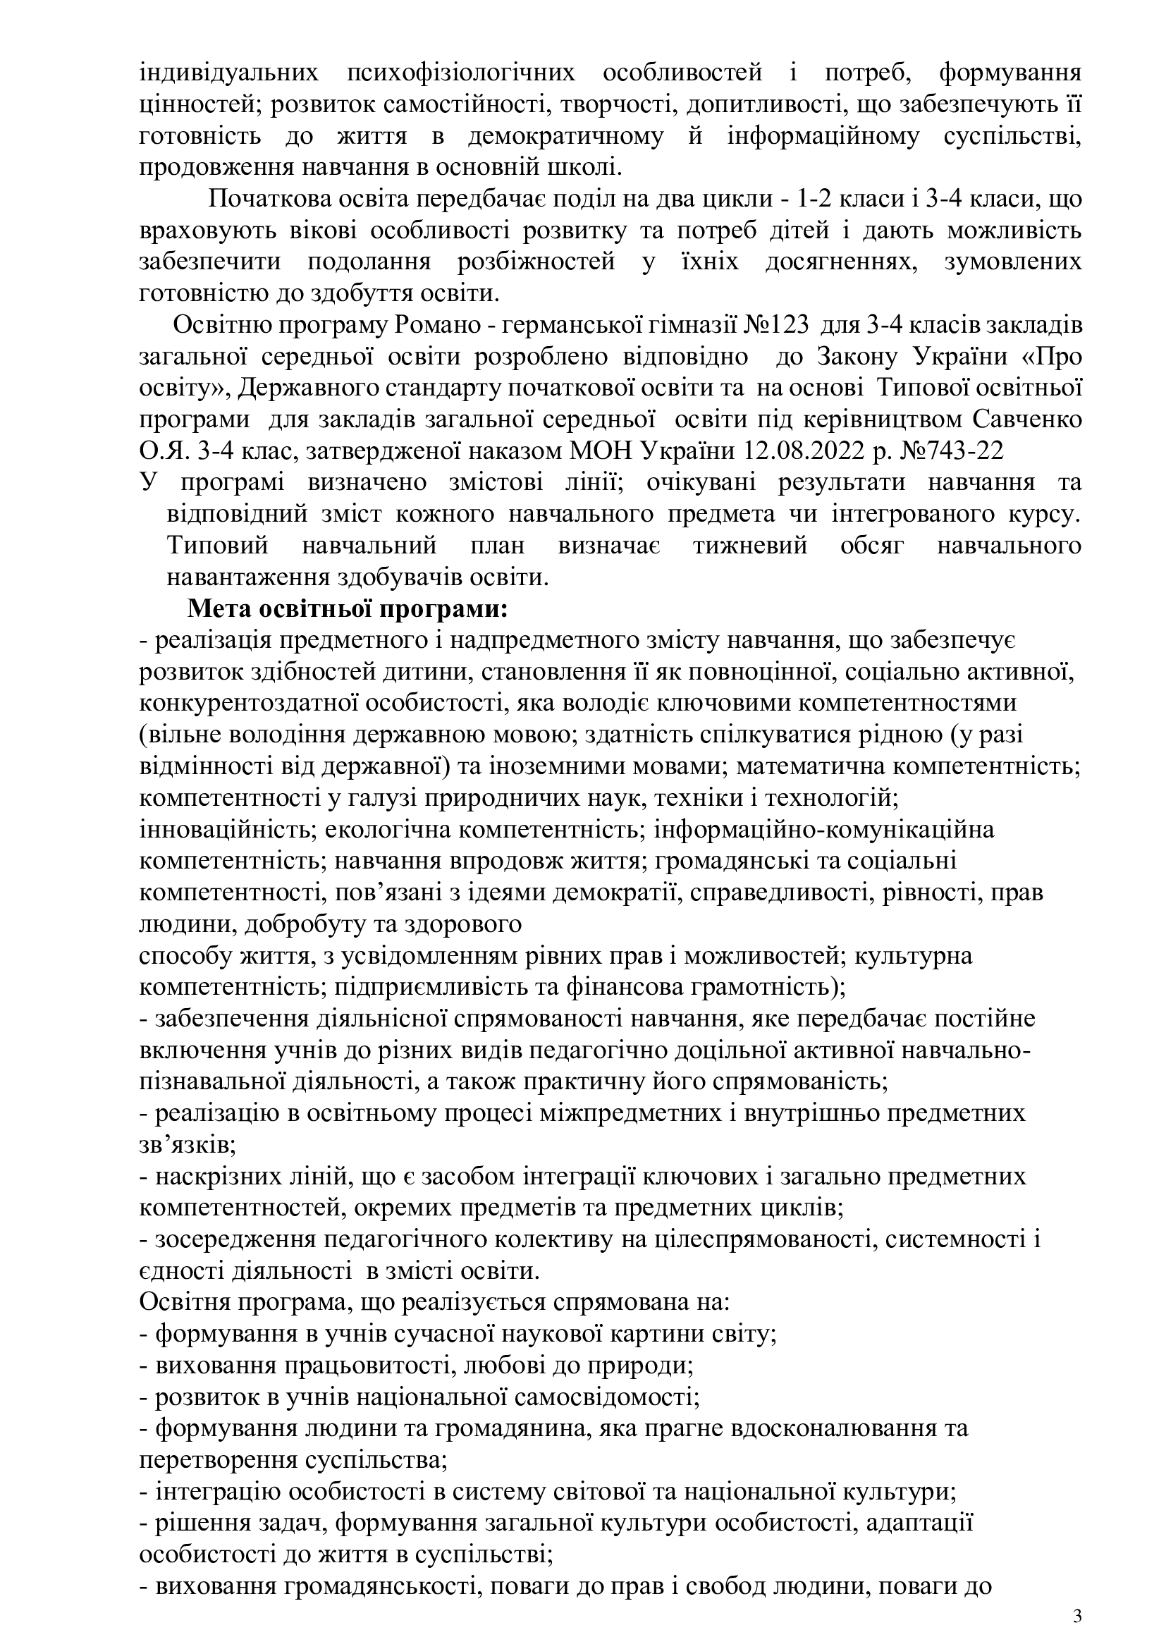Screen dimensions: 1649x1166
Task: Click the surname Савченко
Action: pos(1026,419)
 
